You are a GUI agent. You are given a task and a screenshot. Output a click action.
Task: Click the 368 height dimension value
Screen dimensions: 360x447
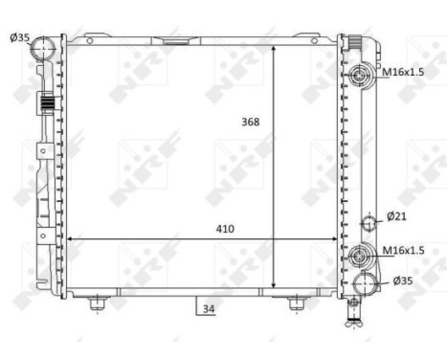tap(251, 122)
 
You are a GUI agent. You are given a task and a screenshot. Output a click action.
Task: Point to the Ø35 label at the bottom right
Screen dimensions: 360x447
tap(403, 281)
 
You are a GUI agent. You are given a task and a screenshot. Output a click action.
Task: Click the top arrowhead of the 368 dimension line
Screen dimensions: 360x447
tap(275, 46)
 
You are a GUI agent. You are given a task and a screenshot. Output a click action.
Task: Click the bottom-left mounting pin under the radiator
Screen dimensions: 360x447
tap(96, 304)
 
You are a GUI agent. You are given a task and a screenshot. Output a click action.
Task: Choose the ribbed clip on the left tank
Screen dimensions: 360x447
tap(44, 103)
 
